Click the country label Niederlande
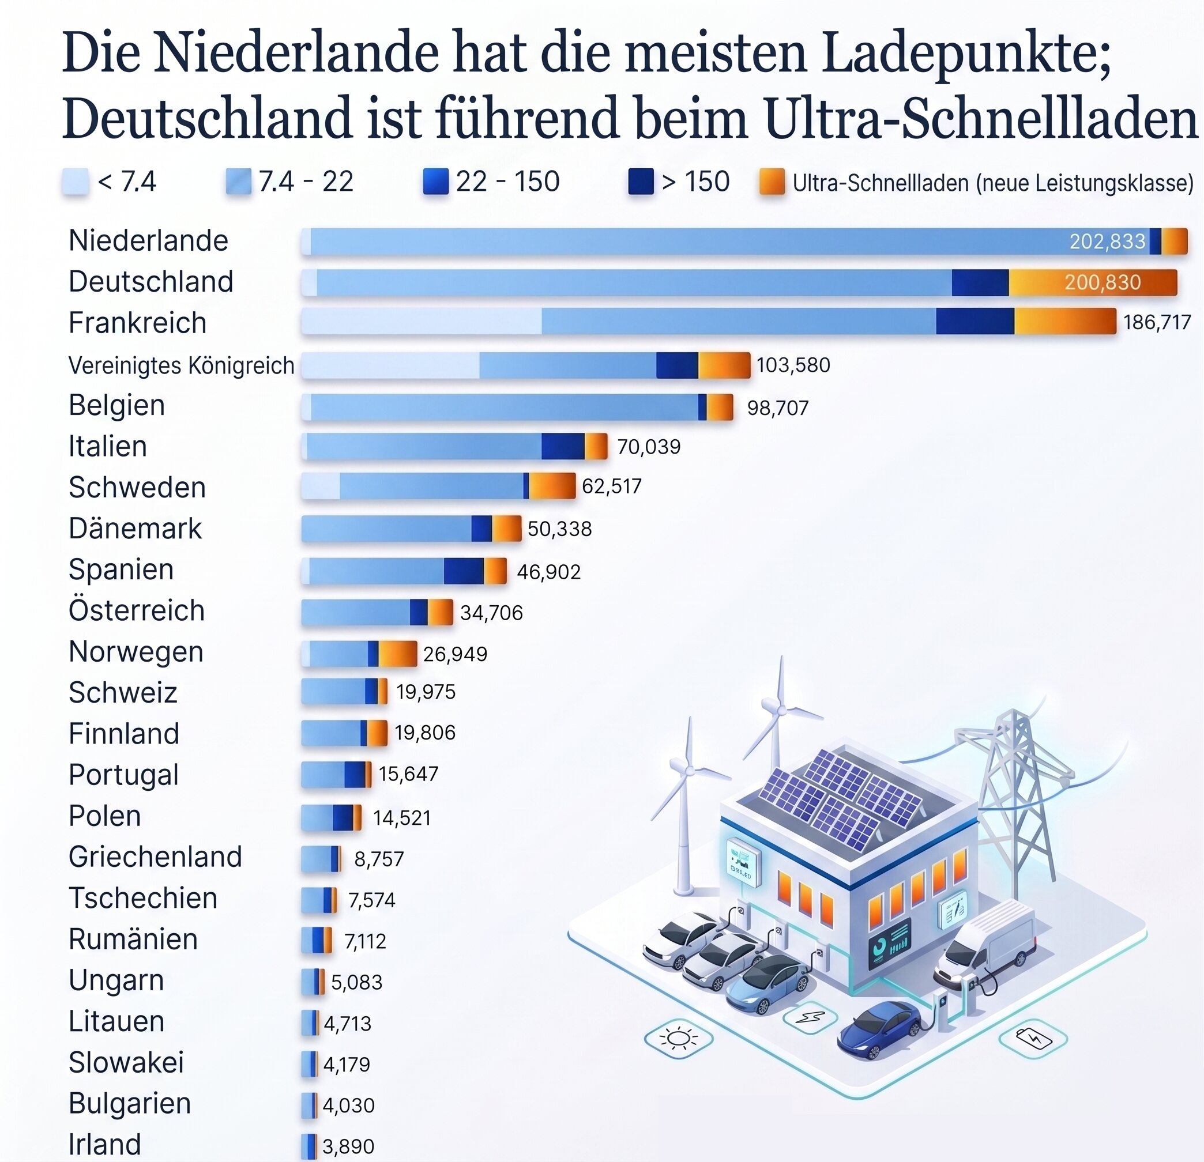click(x=148, y=240)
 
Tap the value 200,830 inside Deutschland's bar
click(x=1102, y=282)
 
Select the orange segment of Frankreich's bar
click(x=1064, y=322)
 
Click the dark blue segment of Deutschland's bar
click(x=980, y=282)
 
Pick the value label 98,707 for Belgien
click(x=777, y=408)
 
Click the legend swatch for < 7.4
click(x=76, y=182)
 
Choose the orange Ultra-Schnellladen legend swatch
click(x=772, y=182)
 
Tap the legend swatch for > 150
click(x=640, y=182)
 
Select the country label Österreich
click(x=136, y=610)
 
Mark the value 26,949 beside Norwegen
click(x=454, y=654)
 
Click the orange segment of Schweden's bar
click(x=552, y=486)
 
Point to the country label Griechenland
click(x=155, y=857)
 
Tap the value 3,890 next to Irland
click(x=348, y=1146)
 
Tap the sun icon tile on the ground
click(x=678, y=1039)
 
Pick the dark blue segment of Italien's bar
click(x=563, y=447)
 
